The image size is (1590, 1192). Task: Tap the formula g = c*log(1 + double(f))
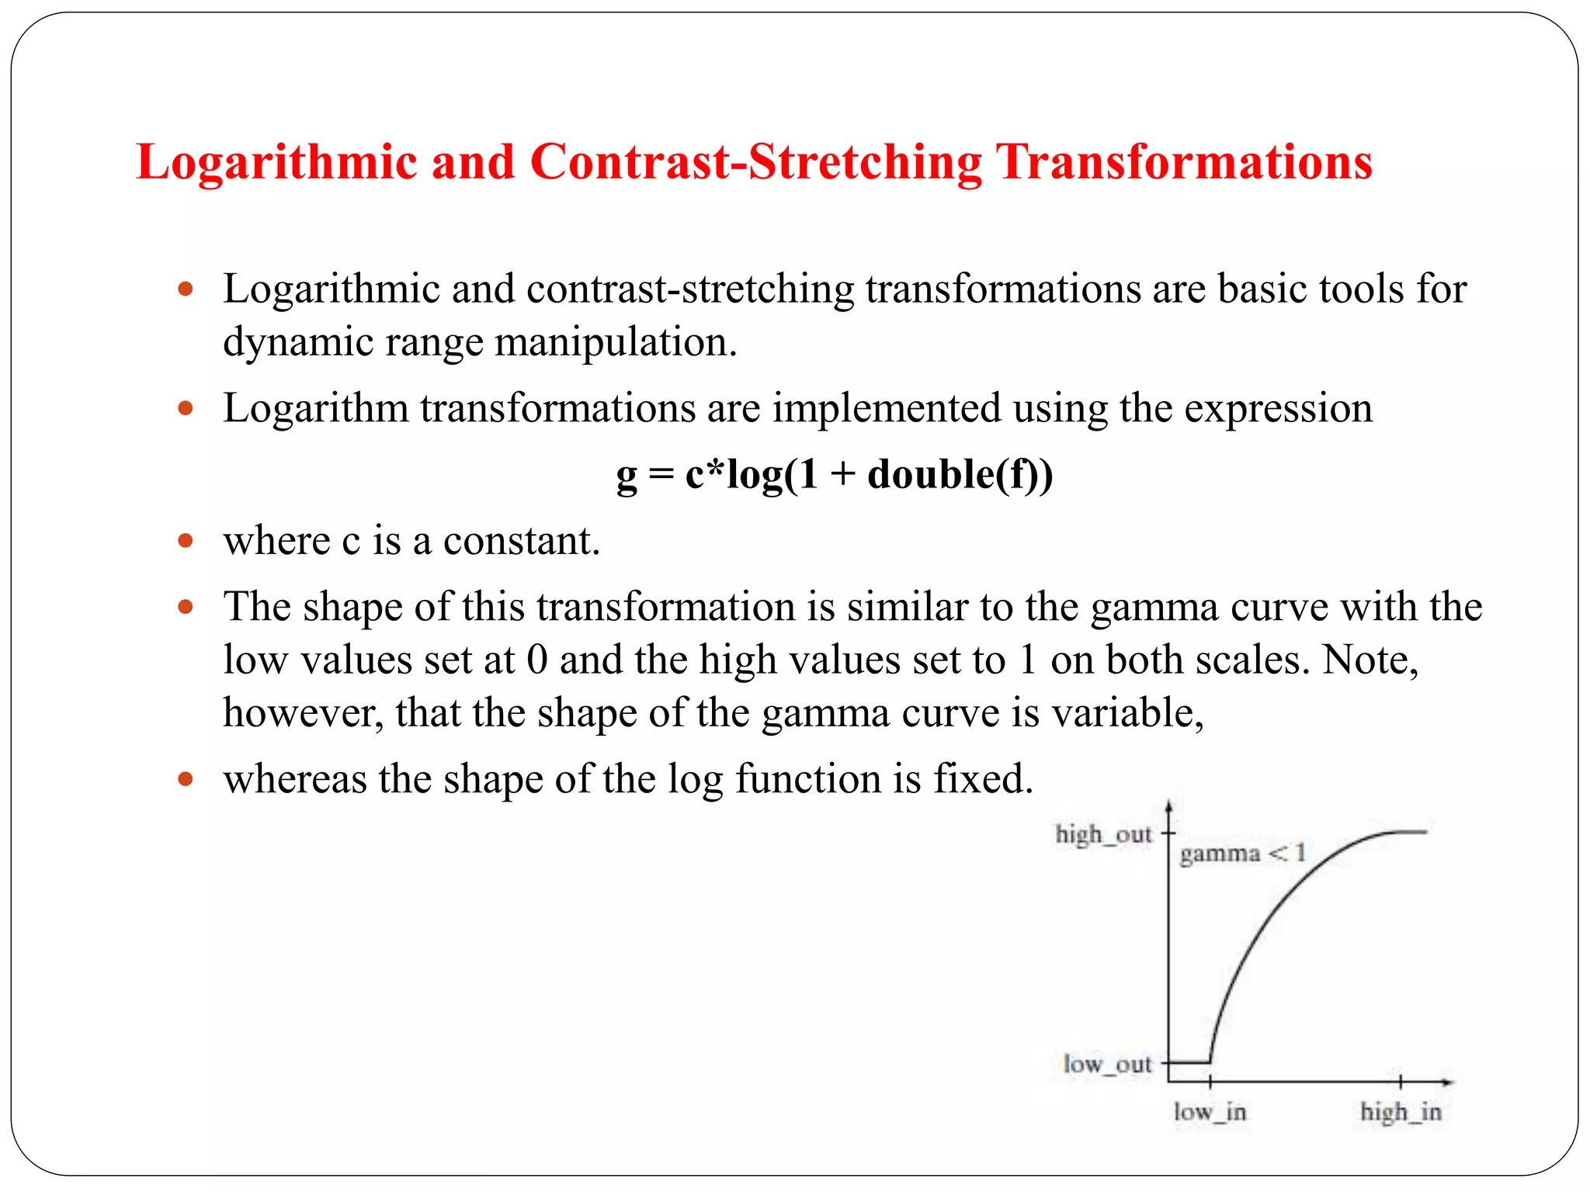835,474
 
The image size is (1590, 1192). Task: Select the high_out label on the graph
1102,834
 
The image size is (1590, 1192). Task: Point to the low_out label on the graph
1107,1063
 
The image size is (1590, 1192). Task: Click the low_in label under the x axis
1209,1111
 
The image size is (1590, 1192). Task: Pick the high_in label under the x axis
1400,1111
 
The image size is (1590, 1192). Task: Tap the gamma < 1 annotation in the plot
1242,854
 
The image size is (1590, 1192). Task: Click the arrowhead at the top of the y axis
1168,807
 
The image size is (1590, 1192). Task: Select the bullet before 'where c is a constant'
185,540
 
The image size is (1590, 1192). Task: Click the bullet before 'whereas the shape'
185,778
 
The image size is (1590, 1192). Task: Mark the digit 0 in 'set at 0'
537,660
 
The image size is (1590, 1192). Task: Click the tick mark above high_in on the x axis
1400,1081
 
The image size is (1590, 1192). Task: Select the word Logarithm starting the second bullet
315,408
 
